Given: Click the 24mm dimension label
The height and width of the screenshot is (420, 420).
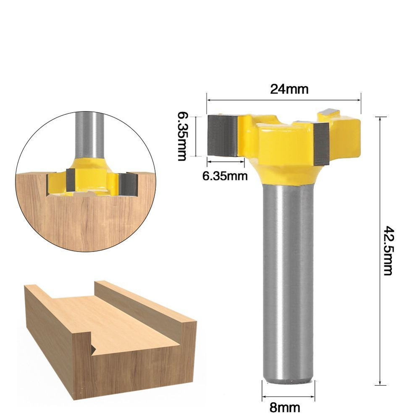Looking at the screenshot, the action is pyautogui.click(x=289, y=89).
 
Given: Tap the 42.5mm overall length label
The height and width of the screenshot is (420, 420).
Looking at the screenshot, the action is pyautogui.click(x=388, y=251).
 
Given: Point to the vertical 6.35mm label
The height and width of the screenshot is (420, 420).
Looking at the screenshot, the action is pyautogui.click(x=183, y=136).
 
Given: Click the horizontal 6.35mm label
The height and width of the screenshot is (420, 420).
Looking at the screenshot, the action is pyautogui.click(x=225, y=176).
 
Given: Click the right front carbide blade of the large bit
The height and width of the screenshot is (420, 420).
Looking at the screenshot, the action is pyautogui.click(x=321, y=144).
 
